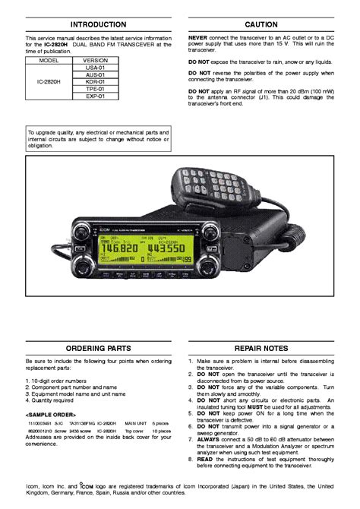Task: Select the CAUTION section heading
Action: pos(261,24)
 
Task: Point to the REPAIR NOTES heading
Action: pos(261,347)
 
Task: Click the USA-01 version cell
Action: pos(96,68)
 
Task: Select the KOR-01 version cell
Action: pos(96,83)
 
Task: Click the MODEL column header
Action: pos(49,59)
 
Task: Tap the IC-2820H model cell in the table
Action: pos(49,83)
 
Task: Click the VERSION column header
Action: pos(96,59)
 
